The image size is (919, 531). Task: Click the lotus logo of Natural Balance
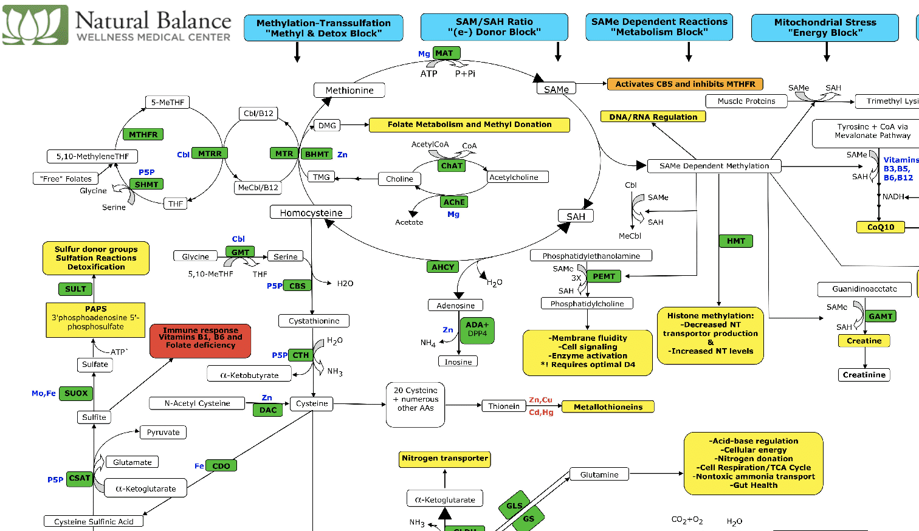click(x=35, y=25)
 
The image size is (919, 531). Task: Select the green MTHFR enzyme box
click(x=143, y=134)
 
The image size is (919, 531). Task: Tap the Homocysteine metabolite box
click(x=311, y=213)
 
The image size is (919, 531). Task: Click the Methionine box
click(x=349, y=91)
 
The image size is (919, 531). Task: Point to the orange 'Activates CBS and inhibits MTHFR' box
click(x=685, y=84)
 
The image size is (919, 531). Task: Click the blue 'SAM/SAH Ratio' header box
click(x=494, y=27)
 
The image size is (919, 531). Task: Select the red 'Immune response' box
click(x=201, y=341)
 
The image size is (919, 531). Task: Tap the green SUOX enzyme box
click(x=77, y=393)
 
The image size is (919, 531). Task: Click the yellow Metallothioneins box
click(x=608, y=407)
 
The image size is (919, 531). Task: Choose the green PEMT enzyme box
click(x=604, y=276)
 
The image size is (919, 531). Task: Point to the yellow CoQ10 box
click(x=880, y=227)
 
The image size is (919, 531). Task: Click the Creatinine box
click(x=864, y=375)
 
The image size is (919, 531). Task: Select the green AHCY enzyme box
click(x=442, y=267)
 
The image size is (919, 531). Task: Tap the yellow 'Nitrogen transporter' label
click(x=445, y=459)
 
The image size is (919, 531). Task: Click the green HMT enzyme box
click(x=735, y=241)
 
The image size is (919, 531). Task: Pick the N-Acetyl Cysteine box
click(x=197, y=403)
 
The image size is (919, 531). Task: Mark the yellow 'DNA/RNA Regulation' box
click(x=653, y=117)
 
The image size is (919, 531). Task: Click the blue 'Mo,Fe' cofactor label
click(x=44, y=394)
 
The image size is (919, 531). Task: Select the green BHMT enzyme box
click(x=317, y=154)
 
